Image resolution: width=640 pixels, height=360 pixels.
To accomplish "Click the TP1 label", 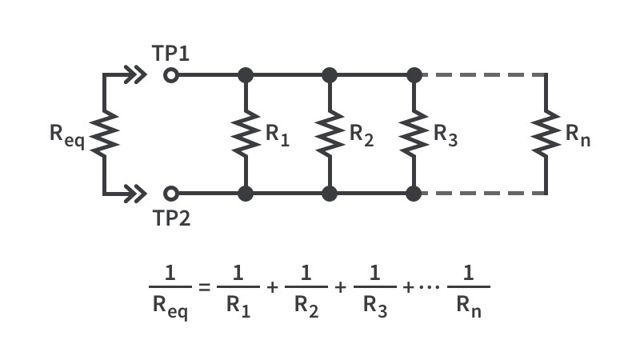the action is pos(170,54).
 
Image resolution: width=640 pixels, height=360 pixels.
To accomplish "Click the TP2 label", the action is pos(171,218).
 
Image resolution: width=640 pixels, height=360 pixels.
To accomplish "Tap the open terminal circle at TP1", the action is pos(171,75).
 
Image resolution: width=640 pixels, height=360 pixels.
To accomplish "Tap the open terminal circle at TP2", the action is pos(171,194).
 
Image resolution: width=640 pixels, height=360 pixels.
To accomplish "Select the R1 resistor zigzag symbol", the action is pos(246,134).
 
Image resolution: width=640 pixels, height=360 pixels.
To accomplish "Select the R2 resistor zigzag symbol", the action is pos(330,134).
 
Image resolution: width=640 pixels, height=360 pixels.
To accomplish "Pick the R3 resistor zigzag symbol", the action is pos(414,134).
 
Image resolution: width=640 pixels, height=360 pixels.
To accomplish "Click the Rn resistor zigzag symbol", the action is pos(546,134).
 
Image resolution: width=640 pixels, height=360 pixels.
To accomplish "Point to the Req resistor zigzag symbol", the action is pos(104,134).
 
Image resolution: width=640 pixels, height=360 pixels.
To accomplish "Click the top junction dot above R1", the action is pos(246,75).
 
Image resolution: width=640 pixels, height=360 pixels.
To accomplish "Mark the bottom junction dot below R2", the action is pos(330,194).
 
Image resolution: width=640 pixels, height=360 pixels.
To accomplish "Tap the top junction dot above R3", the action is pos(414,75).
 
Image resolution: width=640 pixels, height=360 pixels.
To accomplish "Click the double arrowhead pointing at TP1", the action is pos(135,75).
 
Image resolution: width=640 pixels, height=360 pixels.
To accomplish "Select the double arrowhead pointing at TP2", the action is pos(135,194).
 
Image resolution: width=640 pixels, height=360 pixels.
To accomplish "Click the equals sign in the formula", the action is pos(204,287).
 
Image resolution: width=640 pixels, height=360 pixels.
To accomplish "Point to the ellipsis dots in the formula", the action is pos(430,287).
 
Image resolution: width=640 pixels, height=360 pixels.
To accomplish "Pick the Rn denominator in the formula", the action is pos(469,306).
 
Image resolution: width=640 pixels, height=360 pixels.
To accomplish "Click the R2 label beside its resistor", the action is pos(362,134).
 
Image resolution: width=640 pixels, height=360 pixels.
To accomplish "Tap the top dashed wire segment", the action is pos(485,75).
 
